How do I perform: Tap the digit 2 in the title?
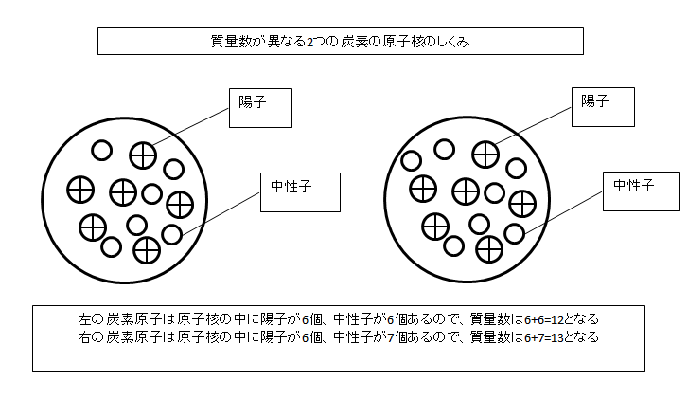[x=309, y=43]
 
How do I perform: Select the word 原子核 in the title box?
[x=402, y=42]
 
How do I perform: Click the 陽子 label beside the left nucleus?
[x=253, y=102]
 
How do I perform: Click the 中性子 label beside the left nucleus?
[x=291, y=187]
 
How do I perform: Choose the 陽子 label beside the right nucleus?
[x=595, y=101]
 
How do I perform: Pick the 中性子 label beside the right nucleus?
[x=634, y=186]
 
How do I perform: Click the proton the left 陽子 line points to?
[x=143, y=155]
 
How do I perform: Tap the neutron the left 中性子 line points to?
[x=172, y=234]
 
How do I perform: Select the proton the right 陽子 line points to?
[x=485, y=155]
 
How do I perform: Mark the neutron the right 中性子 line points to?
[x=514, y=233]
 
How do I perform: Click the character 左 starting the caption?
[x=84, y=318]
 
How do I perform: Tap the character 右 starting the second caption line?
[x=84, y=337]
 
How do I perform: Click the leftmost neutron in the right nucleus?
[x=411, y=160]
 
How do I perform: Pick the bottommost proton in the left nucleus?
[x=147, y=250]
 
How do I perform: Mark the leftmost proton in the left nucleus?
[x=80, y=190]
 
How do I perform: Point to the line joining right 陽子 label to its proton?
[x=533, y=126]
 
